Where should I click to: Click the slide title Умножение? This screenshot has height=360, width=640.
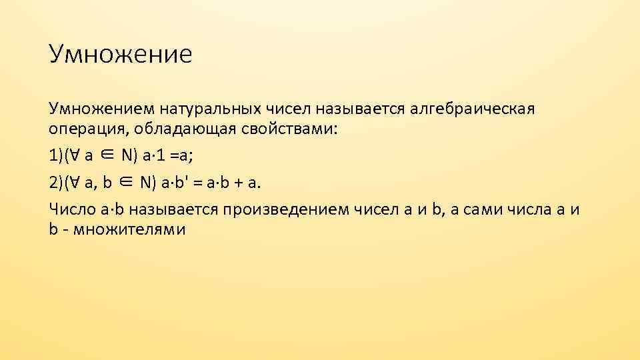(120, 54)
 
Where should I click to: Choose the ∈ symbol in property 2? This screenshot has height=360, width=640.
(127, 182)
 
